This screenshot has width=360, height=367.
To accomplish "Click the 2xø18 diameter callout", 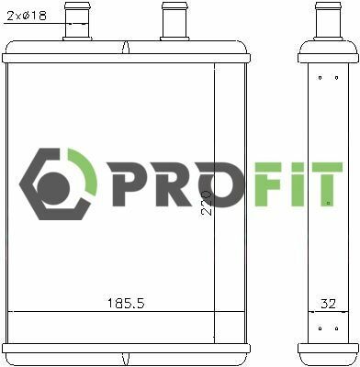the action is click(27, 16).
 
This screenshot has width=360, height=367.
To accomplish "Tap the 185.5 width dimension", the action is click(126, 304).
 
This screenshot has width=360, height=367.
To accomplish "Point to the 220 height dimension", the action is click(207, 204).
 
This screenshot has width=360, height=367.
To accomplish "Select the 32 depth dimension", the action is click(328, 304).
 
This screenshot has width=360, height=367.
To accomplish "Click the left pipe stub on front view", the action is click(77, 21).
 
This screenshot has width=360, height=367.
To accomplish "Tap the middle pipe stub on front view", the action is click(174, 21).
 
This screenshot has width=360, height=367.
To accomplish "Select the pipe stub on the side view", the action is click(328, 21).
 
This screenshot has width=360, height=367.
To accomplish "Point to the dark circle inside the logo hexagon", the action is click(53, 188).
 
